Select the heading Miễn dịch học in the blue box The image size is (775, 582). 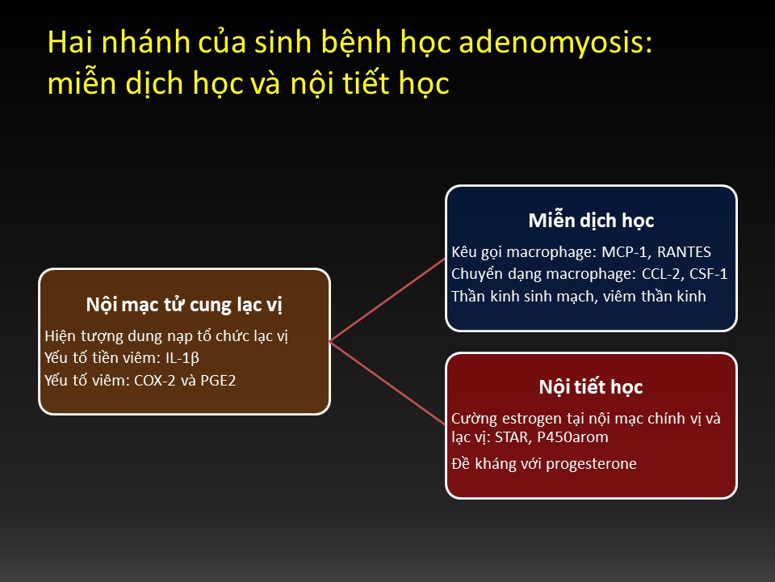coord(591,221)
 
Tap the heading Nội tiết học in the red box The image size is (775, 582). coord(591,387)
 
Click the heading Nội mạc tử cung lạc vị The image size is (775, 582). coord(184,306)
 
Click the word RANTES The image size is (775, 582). coord(684,252)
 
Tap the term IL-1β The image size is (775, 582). coord(182,358)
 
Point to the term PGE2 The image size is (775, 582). coord(218,381)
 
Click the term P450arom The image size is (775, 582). coord(573,437)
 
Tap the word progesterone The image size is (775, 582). coord(591,464)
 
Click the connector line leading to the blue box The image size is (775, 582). coord(387,300)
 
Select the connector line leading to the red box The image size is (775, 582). coord(387,383)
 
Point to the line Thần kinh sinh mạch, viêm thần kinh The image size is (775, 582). coord(579,297)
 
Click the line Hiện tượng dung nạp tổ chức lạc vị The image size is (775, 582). coord(166,336)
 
